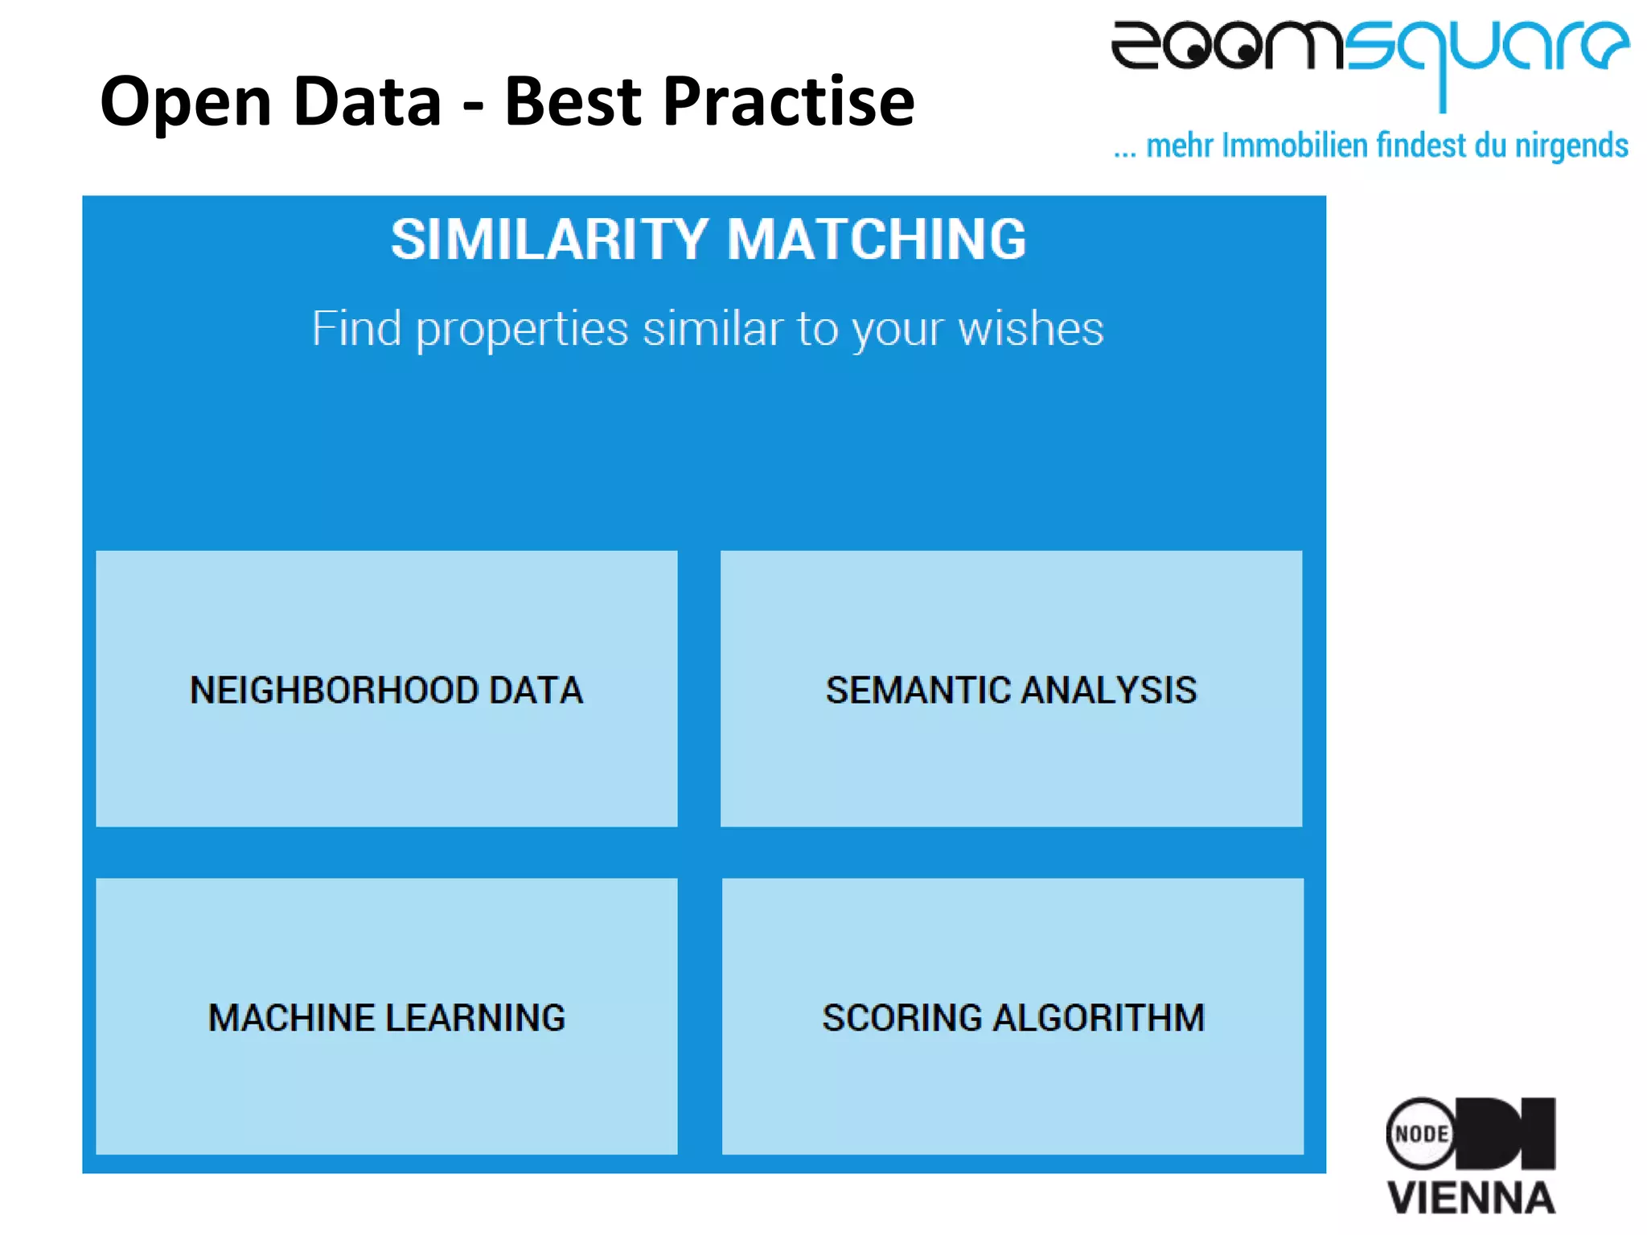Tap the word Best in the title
point(572,101)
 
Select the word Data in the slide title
point(368,101)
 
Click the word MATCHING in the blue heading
point(877,240)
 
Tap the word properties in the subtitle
point(522,330)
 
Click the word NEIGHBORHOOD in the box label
point(334,690)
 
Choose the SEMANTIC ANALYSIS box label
point(1011,690)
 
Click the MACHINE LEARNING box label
point(387,1017)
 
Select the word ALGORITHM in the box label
point(1099,1017)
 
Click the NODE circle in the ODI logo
point(1421,1134)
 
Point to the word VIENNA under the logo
point(1472,1198)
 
